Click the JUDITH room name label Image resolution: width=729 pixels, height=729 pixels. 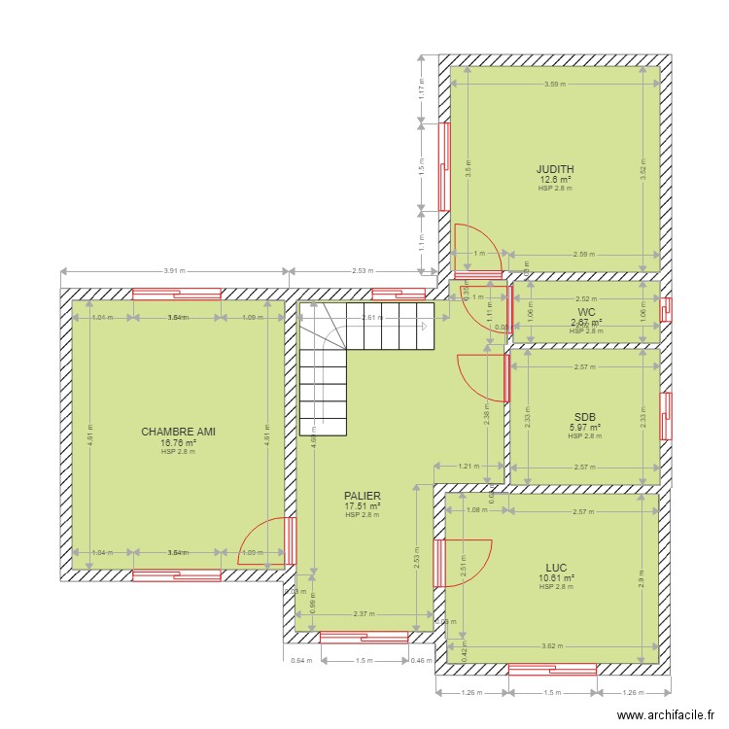tap(555, 168)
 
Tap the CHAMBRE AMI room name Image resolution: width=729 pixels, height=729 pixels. tap(178, 432)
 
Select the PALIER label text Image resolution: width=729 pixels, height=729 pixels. tap(362, 496)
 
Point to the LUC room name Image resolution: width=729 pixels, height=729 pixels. tap(556, 567)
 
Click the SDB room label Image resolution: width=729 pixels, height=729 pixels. tap(584, 416)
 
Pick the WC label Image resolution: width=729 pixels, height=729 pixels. tap(585, 312)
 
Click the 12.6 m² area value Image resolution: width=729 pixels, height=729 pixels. tap(555, 179)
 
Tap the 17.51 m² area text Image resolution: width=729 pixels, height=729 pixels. tap(362, 506)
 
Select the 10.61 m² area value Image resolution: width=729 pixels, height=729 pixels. tap(556, 577)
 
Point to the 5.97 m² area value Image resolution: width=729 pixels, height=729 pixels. tap(584, 427)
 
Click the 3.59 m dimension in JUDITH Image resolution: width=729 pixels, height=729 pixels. tap(555, 84)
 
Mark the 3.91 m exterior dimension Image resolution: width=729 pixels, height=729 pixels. tap(175, 271)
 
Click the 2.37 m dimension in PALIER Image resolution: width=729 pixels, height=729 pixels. tap(364, 613)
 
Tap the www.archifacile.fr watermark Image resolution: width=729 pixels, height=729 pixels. tap(662, 712)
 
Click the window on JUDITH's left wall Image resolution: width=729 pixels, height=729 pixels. tap(443, 166)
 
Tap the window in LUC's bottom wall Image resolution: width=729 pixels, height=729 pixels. tap(552, 669)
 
